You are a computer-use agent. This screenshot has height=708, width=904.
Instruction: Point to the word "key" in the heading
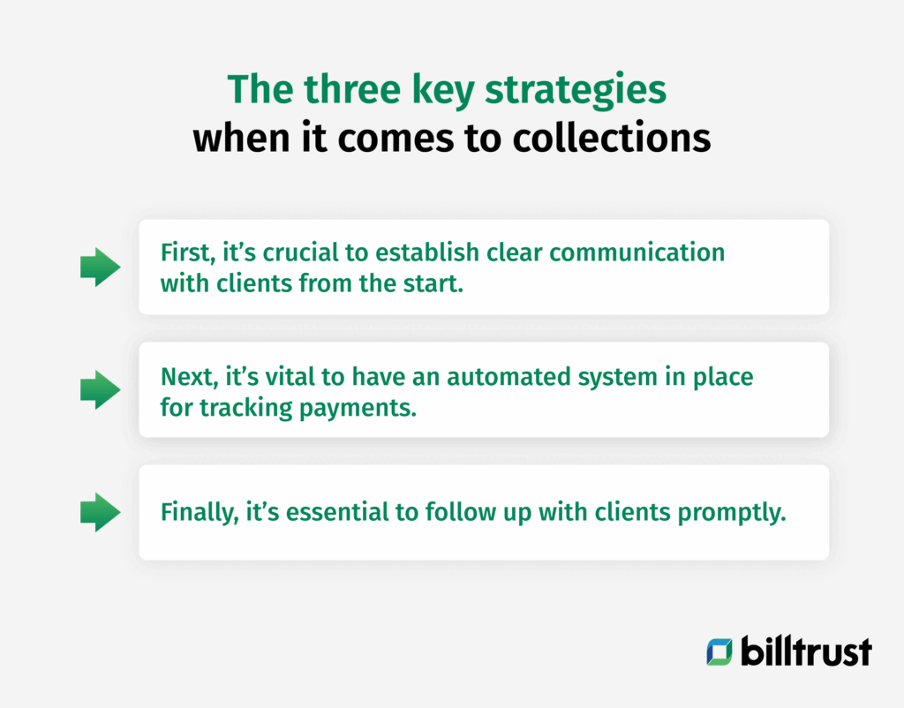427,92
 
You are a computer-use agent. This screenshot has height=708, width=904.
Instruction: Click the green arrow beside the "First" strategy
101,267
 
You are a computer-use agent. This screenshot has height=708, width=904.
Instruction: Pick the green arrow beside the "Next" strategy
101,389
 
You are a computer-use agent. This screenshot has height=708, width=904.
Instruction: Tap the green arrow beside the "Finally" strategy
101,512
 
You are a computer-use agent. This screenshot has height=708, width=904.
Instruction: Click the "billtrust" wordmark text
805,652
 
